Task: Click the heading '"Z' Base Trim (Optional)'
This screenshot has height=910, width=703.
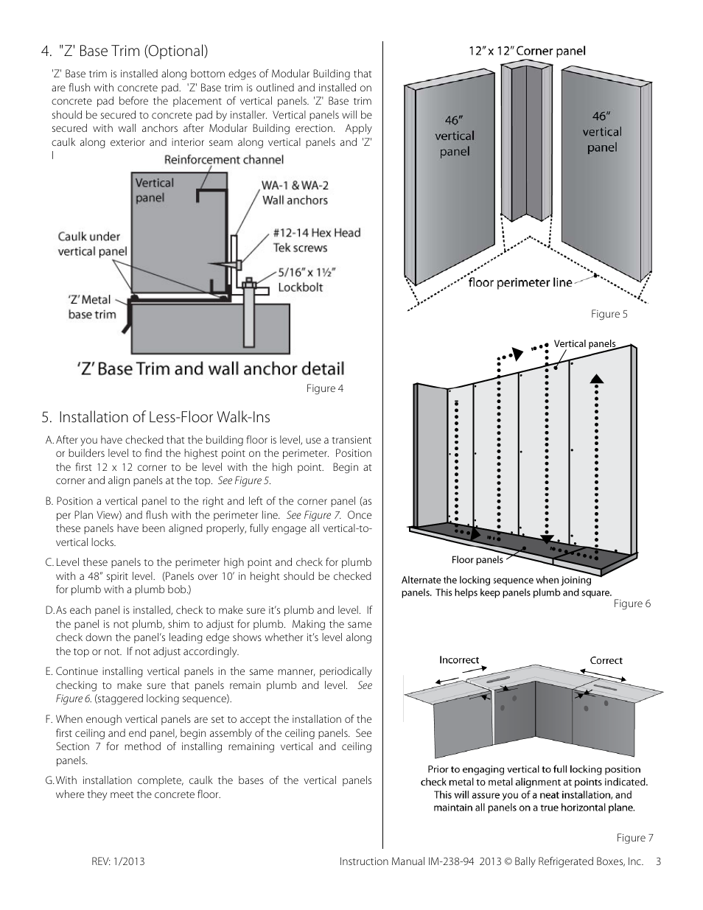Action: (125, 51)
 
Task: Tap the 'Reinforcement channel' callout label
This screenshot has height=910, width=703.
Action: (223, 159)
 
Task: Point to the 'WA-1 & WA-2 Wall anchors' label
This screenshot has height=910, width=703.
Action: (294, 193)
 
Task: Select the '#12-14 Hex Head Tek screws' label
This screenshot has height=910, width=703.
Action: (317, 240)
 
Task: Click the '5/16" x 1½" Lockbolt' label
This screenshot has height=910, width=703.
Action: (307, 279)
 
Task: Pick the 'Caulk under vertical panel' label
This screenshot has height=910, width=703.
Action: (92, 244)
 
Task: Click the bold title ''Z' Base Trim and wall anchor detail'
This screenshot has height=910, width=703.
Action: (209, 368)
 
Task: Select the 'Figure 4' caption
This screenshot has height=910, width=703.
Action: (325, 388)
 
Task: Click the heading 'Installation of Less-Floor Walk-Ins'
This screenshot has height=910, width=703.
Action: (156, 417)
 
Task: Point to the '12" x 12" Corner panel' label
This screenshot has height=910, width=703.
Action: (527, 51)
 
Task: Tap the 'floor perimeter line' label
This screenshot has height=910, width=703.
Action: (520, 282)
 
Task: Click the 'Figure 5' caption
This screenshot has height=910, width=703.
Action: (609, 314)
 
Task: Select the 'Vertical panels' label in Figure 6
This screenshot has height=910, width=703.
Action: (584, 343)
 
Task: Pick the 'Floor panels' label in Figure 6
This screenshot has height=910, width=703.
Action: (477, 560)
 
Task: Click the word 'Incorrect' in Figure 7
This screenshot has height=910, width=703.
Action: (459, 659)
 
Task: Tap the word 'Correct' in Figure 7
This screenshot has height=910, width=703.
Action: (606, 660)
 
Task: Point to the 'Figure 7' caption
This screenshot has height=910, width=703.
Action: (634, 837)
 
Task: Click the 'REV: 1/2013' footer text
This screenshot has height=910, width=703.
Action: (118, 861)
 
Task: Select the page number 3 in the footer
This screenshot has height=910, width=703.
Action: (658, 861)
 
